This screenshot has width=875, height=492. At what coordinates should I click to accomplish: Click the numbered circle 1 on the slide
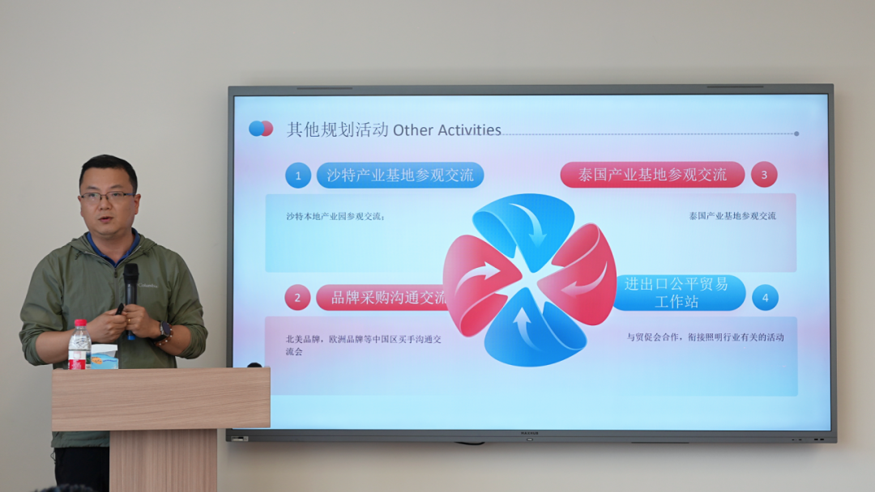click(x=298, y=176)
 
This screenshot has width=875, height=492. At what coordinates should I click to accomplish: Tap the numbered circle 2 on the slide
click(x=297, y=298)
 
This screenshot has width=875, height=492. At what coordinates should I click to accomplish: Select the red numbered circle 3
click(x=763, y=175)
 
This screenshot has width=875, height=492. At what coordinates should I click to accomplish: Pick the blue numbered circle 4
click(x=765, y=298)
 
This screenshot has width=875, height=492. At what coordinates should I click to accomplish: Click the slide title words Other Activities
click(x=447, y=130)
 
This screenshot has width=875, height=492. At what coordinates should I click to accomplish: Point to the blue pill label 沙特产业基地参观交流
click(x=400, y=176)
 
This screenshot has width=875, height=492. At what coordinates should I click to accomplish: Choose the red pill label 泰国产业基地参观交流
click(x=652, y=175)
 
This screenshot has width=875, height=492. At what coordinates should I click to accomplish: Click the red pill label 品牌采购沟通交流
click(x=389, y=298)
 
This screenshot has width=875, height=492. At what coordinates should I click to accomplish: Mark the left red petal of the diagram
click(x=478, y=283)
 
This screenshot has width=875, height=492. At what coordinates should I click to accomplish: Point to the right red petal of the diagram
click(x=581, y=275)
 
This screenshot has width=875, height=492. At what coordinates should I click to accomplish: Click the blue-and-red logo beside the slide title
click(x=261, y=129)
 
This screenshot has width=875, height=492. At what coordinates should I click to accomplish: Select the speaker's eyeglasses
click(x=106, y=197)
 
